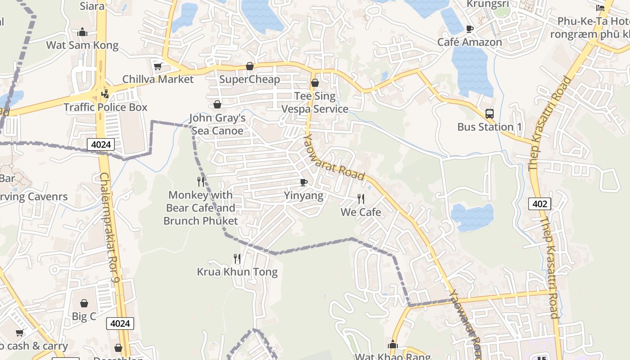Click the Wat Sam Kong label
click(x=82, y=45)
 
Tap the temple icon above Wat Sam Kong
click(x=82, y=32)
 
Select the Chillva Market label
click(x=158, y=79)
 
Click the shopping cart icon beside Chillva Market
click(x=157, y=67)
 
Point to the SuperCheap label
click(x=250, y=79)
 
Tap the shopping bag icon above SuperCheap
click(x=250, y=67)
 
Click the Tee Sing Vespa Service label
click(x=315, y=103)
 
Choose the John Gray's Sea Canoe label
click(x=217, y=124)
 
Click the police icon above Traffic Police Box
click(x=105, y=94)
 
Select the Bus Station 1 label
click(x=490, y=127)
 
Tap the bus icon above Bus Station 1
click(x=490, y=114)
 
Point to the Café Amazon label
click(x=470, y=42)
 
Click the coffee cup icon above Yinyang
click(x=304, y=182)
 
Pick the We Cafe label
click(x=361, y=212)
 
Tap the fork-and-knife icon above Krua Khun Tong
click(x=237, y=258)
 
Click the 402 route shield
click(x=540, y=204)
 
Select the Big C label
click(x=84, y=316)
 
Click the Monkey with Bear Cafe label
click(x=201, y=208)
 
